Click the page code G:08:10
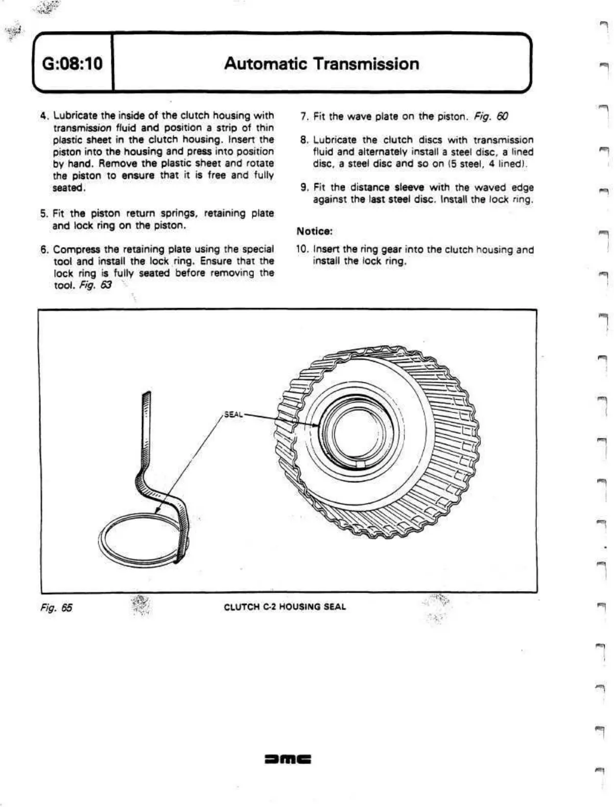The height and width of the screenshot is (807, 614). pos(72,64)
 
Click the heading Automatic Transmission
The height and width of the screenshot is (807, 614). pos(321,64)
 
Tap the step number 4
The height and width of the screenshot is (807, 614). pos(44,116)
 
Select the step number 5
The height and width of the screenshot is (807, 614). pos(44,213)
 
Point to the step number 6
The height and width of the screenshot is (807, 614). pos(44,250)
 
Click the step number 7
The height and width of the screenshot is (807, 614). pos(304,116)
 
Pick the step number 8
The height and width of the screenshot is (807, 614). pos(304,140)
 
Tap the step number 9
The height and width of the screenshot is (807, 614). pos(304,187)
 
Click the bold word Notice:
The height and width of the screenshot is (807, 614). pos(315,231)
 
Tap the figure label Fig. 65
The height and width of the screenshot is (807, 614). pos(56,607)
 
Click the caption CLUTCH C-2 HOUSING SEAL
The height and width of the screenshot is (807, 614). pos(285,607)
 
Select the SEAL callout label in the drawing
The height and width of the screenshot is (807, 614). pos(233,414)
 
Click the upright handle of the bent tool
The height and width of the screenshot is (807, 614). pos(146,424)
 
